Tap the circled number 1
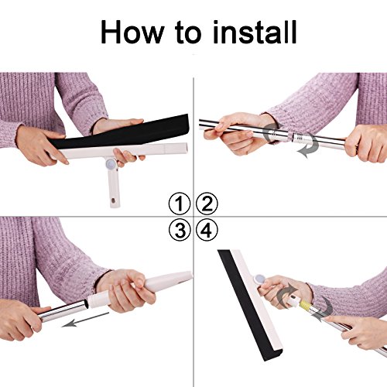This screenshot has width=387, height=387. pyautogui.click(x=180, y=204)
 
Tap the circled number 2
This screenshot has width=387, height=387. pyautogui.click(x=207, y=204)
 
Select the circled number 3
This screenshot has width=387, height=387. pyautogui.click(x=180, y=230)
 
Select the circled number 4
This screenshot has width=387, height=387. pyautogui.click(x=207, y=230)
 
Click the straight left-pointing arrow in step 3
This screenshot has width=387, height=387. pyautogui.click(x=86, y=320)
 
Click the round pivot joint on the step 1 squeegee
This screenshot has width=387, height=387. pyautogui.click(x=111, y=163)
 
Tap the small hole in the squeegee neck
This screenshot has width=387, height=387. pyautogui.click(x=113, y=200)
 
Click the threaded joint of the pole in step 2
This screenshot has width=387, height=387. pyautogui.click(x=300, y=139)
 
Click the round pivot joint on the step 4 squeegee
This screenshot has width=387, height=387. pyautogui.click(x=259, y=279)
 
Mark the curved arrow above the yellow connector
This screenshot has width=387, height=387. pyautogui.click(x=284, y=293)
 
